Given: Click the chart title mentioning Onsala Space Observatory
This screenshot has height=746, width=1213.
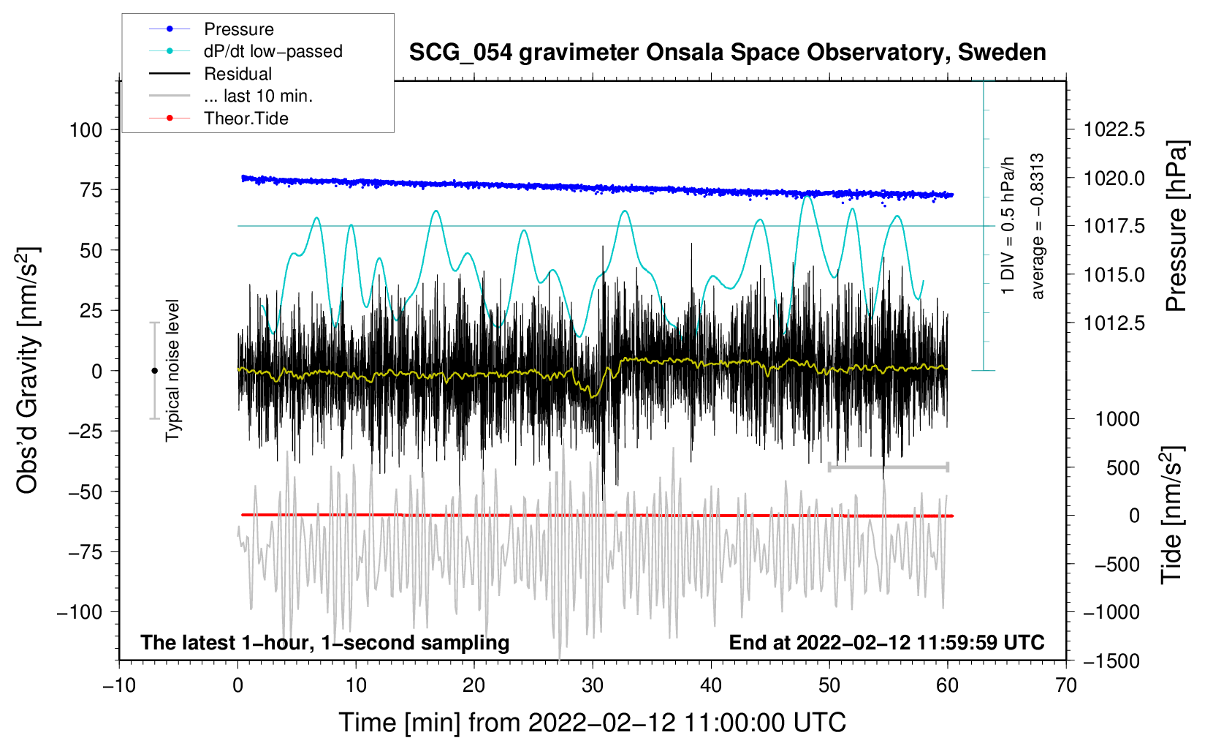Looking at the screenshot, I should point(727,53).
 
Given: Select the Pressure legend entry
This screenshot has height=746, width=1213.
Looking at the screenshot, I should point(238,29).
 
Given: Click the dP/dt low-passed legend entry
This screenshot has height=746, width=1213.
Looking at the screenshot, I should point(273,51).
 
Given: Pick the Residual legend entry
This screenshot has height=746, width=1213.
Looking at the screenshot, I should point(237,74).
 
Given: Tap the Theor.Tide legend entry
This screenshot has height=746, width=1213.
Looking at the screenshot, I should point(246,118).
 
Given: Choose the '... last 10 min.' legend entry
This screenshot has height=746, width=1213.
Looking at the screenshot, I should point(258,96).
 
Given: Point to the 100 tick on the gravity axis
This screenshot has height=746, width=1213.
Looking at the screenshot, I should point(85,130).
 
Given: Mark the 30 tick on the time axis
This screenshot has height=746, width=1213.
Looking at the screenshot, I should point(593,685).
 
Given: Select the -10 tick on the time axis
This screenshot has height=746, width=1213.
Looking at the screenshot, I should point(119,685).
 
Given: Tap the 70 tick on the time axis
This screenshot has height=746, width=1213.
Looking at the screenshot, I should point(1066,685).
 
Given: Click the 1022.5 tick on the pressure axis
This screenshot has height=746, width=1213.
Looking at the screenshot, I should point(1114,130).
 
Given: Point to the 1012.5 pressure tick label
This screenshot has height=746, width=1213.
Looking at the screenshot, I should point(1114,323).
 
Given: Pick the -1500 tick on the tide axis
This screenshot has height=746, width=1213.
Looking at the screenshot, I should point(1111,660).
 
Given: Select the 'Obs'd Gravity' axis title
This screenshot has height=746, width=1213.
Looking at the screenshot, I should point(27,371).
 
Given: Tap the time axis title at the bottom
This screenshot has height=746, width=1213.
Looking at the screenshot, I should point(593,723).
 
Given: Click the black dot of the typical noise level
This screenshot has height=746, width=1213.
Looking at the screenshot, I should point(154,371).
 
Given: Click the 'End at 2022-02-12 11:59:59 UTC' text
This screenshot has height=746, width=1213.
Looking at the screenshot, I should point(886,643).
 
